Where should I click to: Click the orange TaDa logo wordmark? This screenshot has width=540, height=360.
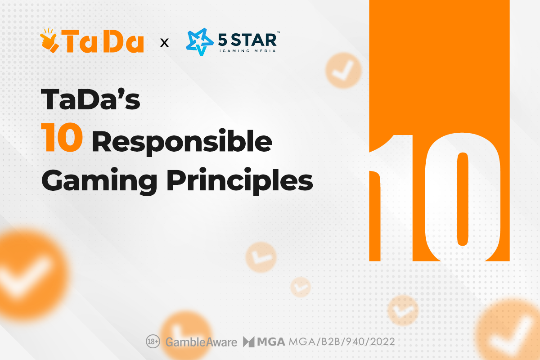click(104, 41)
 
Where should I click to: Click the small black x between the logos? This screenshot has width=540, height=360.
click(164, 43)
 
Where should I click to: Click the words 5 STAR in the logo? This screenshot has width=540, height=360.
click(247, 40)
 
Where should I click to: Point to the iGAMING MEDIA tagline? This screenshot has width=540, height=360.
click(247, 51)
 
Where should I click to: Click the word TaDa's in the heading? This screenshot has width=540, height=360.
click(90, 99)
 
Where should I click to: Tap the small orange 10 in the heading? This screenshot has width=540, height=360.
click(62, 137)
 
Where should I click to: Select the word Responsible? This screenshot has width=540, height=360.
click(182, 143)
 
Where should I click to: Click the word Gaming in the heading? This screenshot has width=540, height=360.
click(99, 181)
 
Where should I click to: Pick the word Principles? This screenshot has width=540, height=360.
click(239, 181)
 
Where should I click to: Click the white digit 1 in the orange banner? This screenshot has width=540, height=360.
click(391, 198)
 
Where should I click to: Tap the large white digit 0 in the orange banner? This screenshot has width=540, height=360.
click(463, 197)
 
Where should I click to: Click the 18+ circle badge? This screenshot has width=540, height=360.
click(153, 342)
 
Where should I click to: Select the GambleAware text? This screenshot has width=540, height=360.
click(201, 342)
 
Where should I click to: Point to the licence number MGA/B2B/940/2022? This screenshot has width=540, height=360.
click(342, 342)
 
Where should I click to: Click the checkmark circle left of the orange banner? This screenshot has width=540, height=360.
click(343, 70)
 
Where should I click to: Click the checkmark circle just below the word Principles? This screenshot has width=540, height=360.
click(261, 257)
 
